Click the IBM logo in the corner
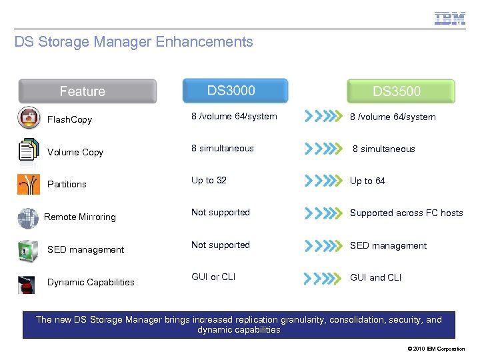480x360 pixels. click(x=450, y=18)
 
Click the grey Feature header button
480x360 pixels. click(x=87, y=91)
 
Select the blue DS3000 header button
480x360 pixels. click(x=235, y=91)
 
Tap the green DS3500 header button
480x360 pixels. click(x=401, y=91)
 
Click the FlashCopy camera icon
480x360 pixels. click(x=29, y=118)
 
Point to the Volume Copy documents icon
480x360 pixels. click(x=29, y=150)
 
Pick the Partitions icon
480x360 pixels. click(x=29, y=183)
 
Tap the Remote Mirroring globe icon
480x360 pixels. click(x=28, y=217)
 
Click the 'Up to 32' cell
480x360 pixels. click(x=209, y=181)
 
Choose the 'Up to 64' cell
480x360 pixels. click(x=367, y=181)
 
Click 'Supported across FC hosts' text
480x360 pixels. click(x=406, y=213)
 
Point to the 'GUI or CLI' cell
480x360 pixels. click(x=213, y=277)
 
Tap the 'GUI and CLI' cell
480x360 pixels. click(x=375, y=278)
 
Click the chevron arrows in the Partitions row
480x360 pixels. click(x=323, y=181)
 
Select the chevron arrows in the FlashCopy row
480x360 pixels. click(x=323, y=117)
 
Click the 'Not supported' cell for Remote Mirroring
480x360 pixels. click(x=220, y=213)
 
